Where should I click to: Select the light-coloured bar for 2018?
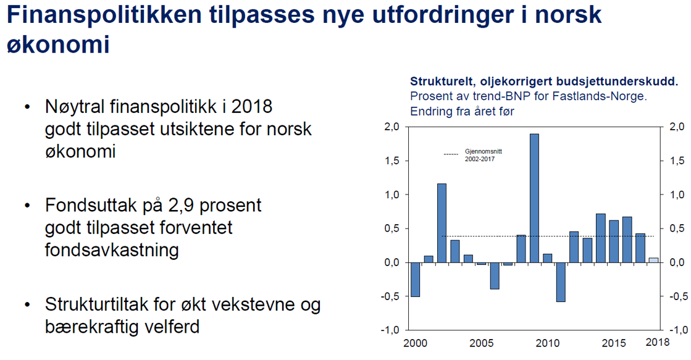pyautogui.click(x=653, y=260)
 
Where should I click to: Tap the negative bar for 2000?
pyautogui.click(x=415, y=279)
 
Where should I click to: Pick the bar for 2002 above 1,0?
pyautogui.click(x=442, y=223)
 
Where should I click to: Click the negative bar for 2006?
pyautogui.click(x=495, y=275)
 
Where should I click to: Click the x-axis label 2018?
pyautogui.click(x=658, y=342)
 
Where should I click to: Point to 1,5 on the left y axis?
pyautogui.click(x=393, y=161)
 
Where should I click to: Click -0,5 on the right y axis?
pyautogui.click(x=678, y=296)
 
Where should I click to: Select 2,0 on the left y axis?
pyautogui.click(x=393, y=127)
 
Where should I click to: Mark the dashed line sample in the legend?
pyautogui.click(x=451, y=154)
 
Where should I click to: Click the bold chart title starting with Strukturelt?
pyautogui.click(x=543, y=81)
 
